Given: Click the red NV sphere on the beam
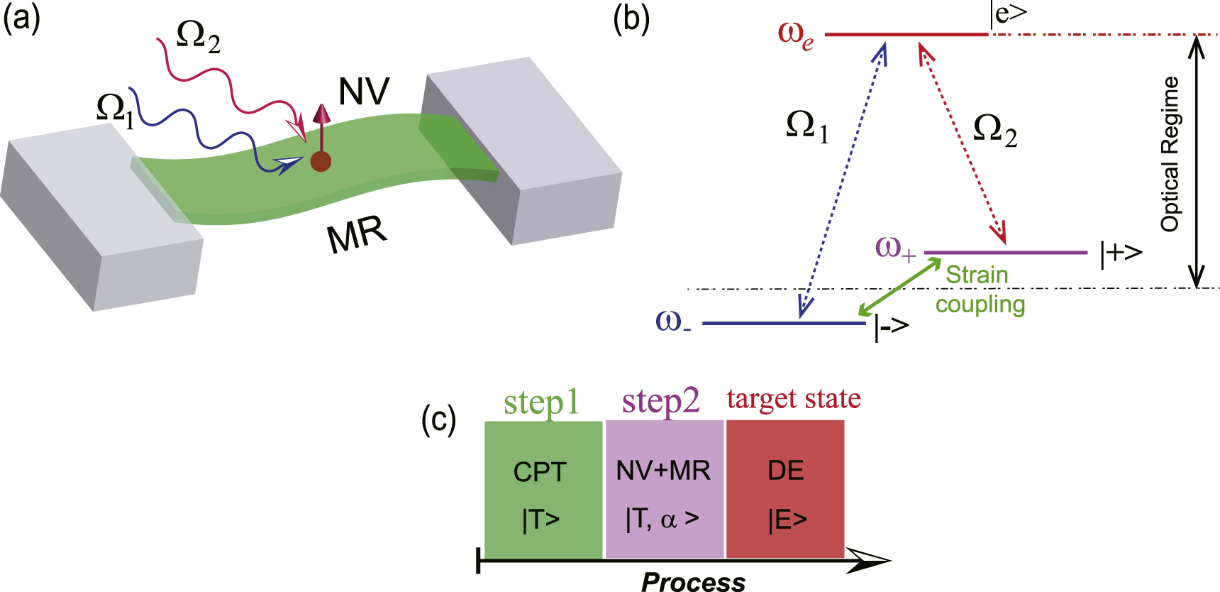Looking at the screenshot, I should pos(321,161).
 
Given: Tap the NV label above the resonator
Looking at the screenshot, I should pos(364,92).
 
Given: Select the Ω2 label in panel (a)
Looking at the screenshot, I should pos(198,36).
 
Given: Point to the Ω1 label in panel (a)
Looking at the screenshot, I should pos(116,111).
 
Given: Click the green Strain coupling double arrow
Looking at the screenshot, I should pos(899,287).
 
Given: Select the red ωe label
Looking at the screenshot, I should pos(796,35).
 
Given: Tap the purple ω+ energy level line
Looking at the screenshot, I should pos(1006,252).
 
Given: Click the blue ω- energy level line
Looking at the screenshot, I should pos(784,324).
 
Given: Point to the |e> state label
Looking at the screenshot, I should pos(1010,14).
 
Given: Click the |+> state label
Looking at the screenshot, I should pos(1121,253).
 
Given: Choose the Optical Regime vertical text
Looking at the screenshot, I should pos(1170,154).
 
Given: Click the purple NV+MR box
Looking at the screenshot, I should pos(664,490).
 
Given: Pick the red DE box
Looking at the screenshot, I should pos(785,490).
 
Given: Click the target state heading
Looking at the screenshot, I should pos(793,399).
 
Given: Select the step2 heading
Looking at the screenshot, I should pos(660,401).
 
